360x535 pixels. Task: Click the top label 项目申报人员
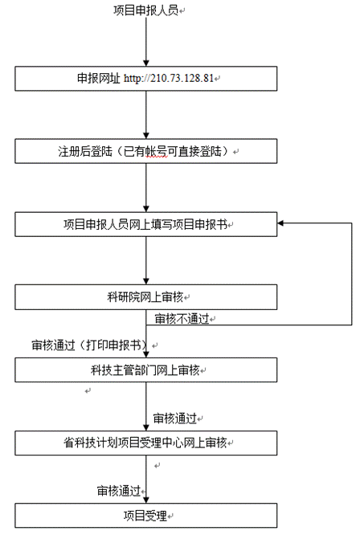point(145,10)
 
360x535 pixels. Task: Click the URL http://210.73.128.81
point(169,79)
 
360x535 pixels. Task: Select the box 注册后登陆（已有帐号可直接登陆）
point(145,151)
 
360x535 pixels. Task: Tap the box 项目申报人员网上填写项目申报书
point(145,224)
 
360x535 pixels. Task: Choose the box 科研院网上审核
point(145,297)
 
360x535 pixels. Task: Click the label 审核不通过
point(182,319)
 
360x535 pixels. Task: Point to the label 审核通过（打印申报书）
point(90,345)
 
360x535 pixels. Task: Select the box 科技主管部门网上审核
point(145,370)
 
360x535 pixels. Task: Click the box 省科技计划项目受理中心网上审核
point(145,443)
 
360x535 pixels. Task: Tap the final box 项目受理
point(145,516)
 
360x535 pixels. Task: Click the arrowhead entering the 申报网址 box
point(146,63)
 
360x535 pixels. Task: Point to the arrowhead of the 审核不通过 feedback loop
point(280,223)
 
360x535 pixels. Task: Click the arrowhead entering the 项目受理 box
point(146,500)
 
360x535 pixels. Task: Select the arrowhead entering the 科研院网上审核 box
point(146,281)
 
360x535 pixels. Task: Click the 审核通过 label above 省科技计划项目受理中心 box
point(174,418)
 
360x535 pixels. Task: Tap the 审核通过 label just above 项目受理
point(119,491)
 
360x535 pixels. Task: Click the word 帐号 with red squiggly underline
point(157,151)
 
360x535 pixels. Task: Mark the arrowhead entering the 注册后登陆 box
point(146,136)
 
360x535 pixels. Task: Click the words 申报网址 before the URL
point(99,79)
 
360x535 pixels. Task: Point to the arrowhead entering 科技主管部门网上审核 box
point(146,354)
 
